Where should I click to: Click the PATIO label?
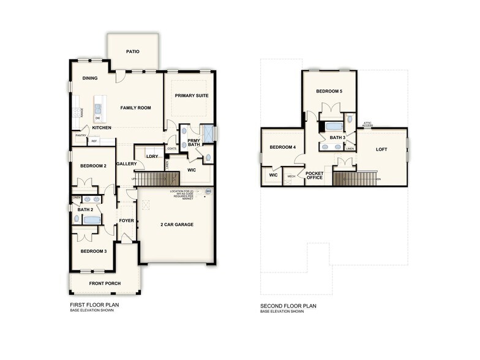click(133, 51)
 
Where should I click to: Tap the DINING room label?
click(90, 78)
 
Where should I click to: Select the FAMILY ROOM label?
click(135, 108)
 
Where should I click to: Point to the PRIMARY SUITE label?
click(191, 96)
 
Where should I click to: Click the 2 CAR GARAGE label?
click(177, 225)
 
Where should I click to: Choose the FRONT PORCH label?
click(105, 283)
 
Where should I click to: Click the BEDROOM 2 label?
click(92, 166)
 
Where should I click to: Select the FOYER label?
click(127, 220)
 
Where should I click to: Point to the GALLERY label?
click(126, 163)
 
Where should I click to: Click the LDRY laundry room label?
click(152, 156)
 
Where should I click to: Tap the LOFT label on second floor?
click(381, 149)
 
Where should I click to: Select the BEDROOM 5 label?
click(329, 91)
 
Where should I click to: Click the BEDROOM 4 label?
click(283, 147)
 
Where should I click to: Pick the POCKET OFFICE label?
click(314, 176)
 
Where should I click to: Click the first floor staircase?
click(156, 179)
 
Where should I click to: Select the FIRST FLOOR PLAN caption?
click(94, 305)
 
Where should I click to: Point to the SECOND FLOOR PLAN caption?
click(288, 306)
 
